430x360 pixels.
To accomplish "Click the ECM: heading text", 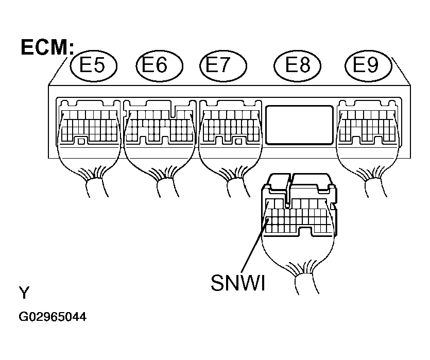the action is [47, 47].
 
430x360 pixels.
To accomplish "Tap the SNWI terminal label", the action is [238, 283].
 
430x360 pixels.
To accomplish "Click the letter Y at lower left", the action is [24, 293].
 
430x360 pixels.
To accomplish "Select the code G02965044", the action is [53, 317].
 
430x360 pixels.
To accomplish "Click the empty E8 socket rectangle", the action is [300, 125].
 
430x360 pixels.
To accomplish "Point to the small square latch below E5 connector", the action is [81, 142].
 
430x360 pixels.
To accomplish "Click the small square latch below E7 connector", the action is [238, 142].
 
